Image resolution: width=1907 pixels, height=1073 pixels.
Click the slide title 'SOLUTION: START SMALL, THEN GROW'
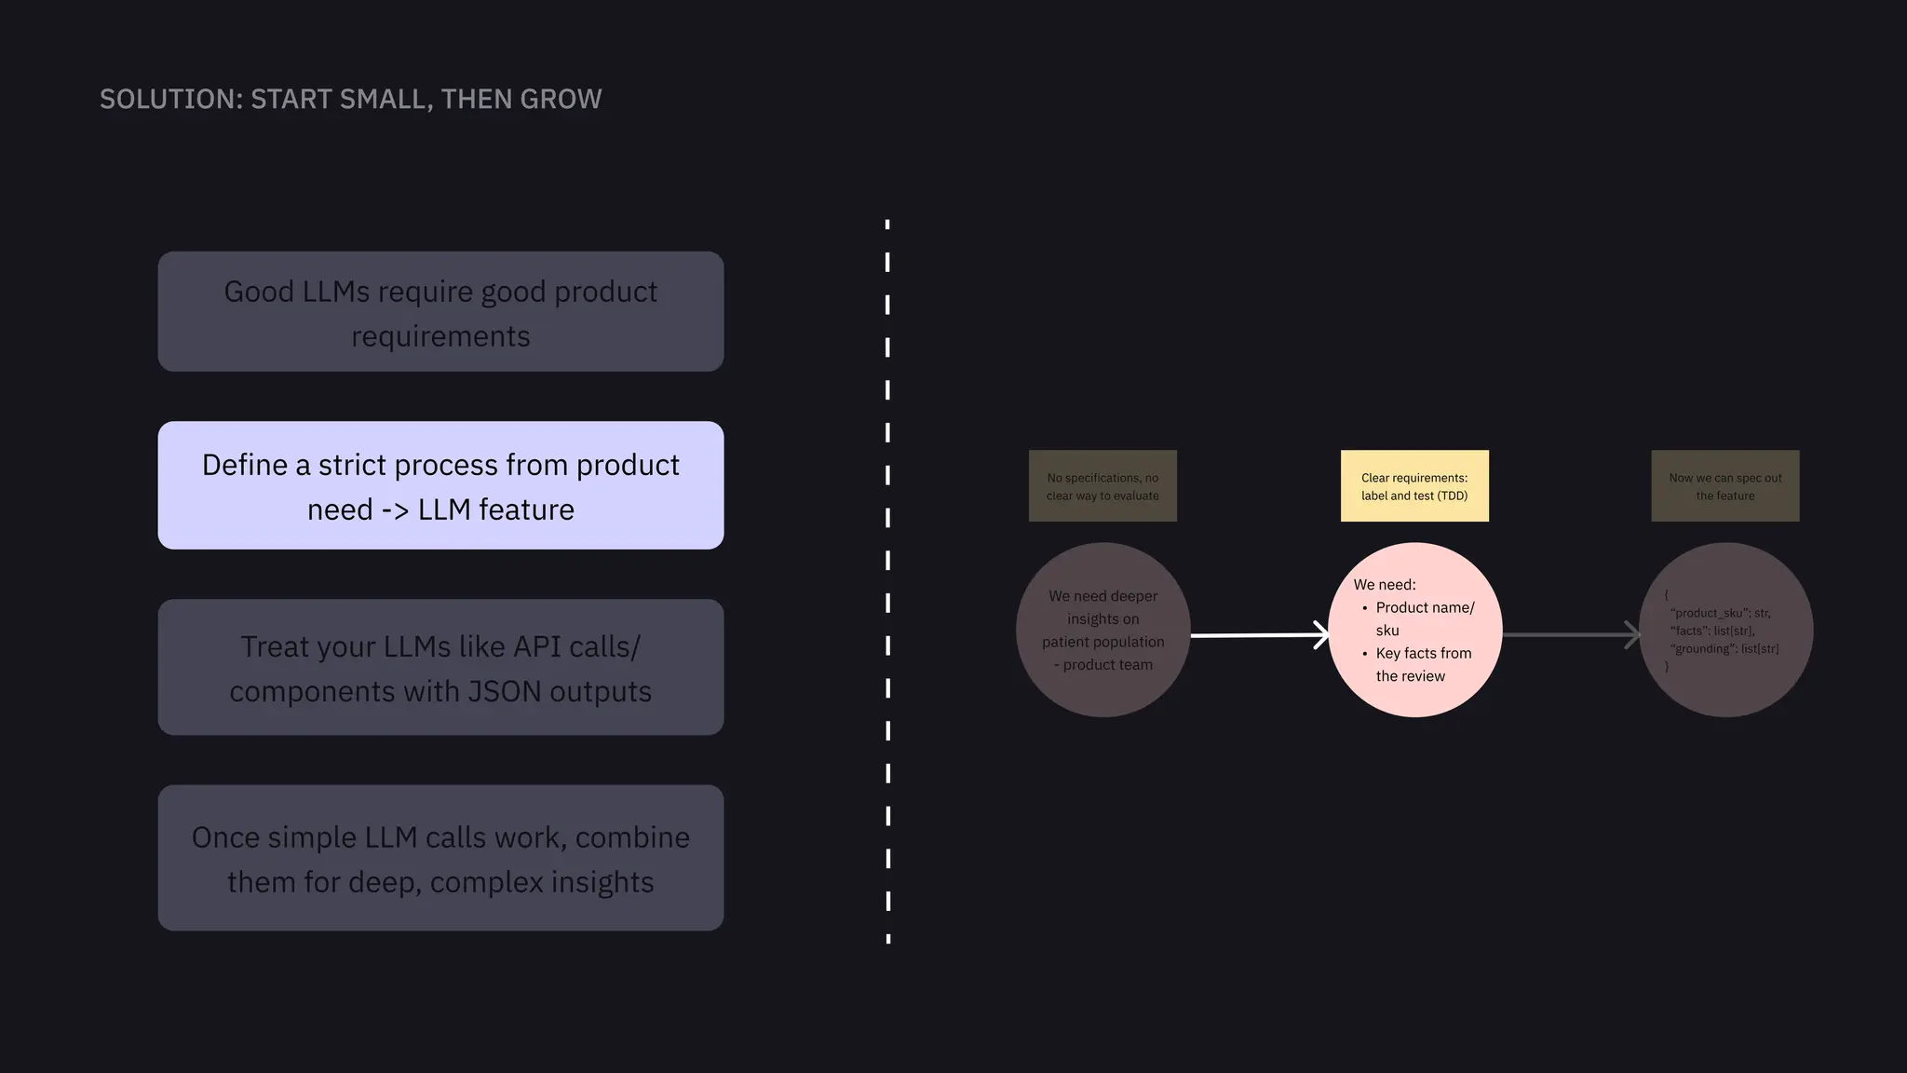coord(350,99)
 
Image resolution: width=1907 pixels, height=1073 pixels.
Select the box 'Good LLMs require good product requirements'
coord(440,312)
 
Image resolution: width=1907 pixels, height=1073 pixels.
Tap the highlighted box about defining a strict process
coord(440,485)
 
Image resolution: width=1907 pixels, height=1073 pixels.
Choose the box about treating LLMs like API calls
coord(440,668)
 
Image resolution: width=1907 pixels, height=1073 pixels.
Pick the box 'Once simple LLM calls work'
coord(440,858)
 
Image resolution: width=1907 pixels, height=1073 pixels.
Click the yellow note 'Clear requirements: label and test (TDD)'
coord(1414,486)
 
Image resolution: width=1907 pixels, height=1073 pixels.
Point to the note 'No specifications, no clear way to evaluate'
coord(1102,486)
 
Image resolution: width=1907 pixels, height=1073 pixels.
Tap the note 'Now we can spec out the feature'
coord(1724,486)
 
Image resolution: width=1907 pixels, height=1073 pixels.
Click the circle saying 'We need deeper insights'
coord(1103,630)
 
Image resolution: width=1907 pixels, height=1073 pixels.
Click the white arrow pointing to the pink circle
coord(1259,635)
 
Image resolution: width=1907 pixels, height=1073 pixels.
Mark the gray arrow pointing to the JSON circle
coord(1571,635)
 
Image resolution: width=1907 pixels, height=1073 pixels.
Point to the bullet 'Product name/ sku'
coord(1425,618)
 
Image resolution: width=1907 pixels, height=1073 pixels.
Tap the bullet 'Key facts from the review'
coord(1423,664)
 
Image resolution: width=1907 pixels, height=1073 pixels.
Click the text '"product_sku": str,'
coord(1720,613)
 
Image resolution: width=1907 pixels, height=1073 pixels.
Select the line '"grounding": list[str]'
coord(1724,648)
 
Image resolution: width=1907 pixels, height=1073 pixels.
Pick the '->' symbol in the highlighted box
coord(395,510)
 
